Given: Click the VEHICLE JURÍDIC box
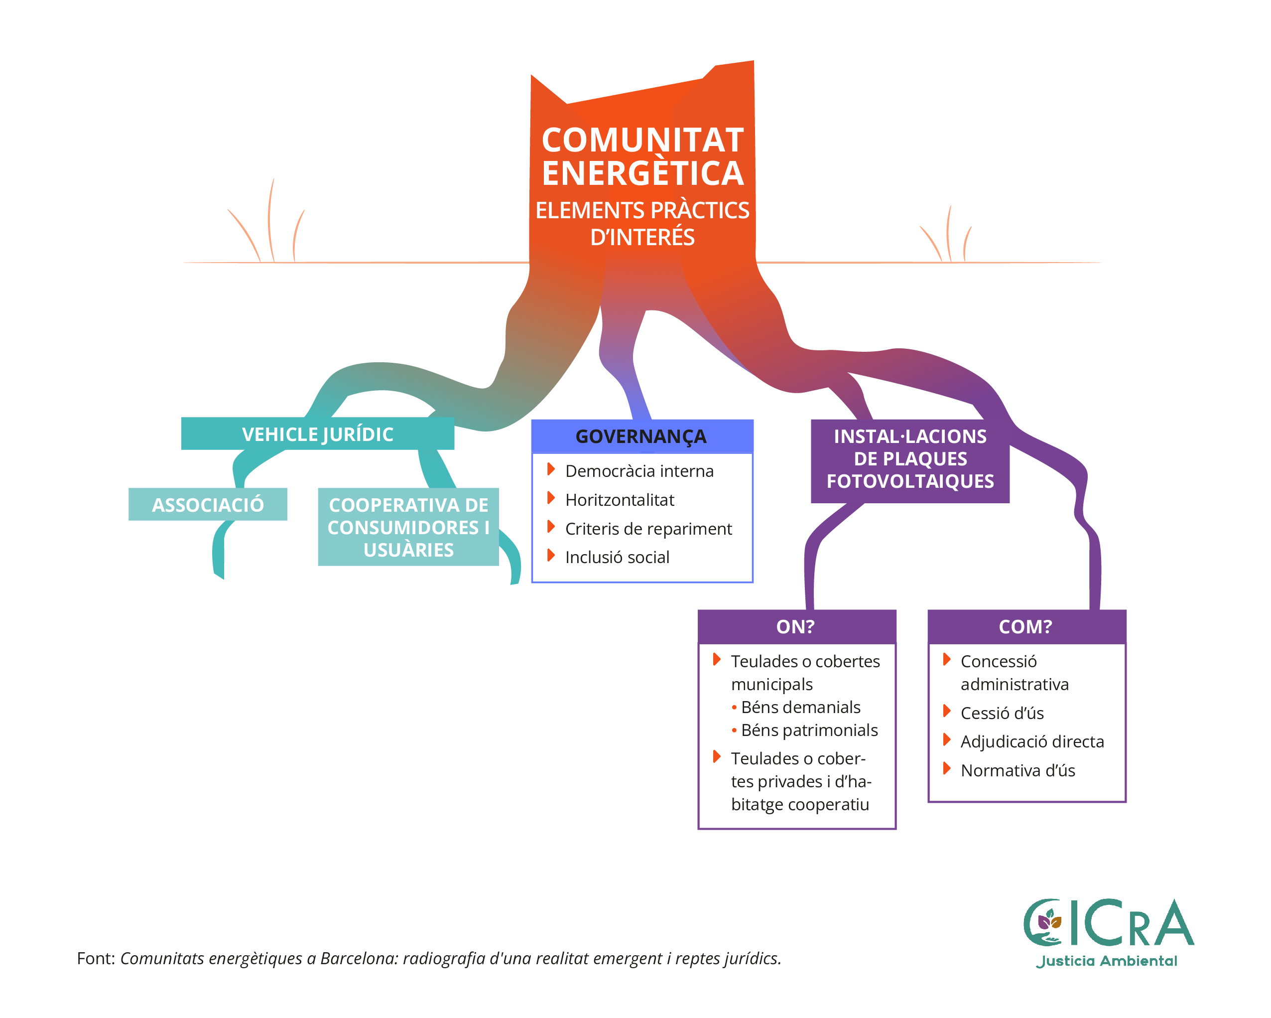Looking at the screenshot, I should [317, 434].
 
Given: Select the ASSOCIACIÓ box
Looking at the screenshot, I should [208, 505].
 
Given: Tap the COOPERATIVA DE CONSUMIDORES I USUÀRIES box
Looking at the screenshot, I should [408, 527].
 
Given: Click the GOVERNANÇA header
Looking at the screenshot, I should [641, 436].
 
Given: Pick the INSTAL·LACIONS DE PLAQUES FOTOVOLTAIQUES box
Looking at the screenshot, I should [909, 459].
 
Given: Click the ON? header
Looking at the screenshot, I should [796, 626].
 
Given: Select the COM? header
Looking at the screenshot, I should [1026, 626].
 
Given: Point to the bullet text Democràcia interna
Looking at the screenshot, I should [639, 471].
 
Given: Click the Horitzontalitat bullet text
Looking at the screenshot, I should [620, 500].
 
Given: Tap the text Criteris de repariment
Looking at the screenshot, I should [648, 529].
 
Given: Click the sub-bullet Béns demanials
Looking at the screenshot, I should [800, 707].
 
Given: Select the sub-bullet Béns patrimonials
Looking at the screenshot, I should [809, 729].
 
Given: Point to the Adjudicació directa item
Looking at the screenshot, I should [1031, 741].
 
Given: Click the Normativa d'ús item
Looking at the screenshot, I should [1017, 770].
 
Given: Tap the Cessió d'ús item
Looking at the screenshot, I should [1002, 713].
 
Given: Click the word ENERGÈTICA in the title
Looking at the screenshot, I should [642, 173].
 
